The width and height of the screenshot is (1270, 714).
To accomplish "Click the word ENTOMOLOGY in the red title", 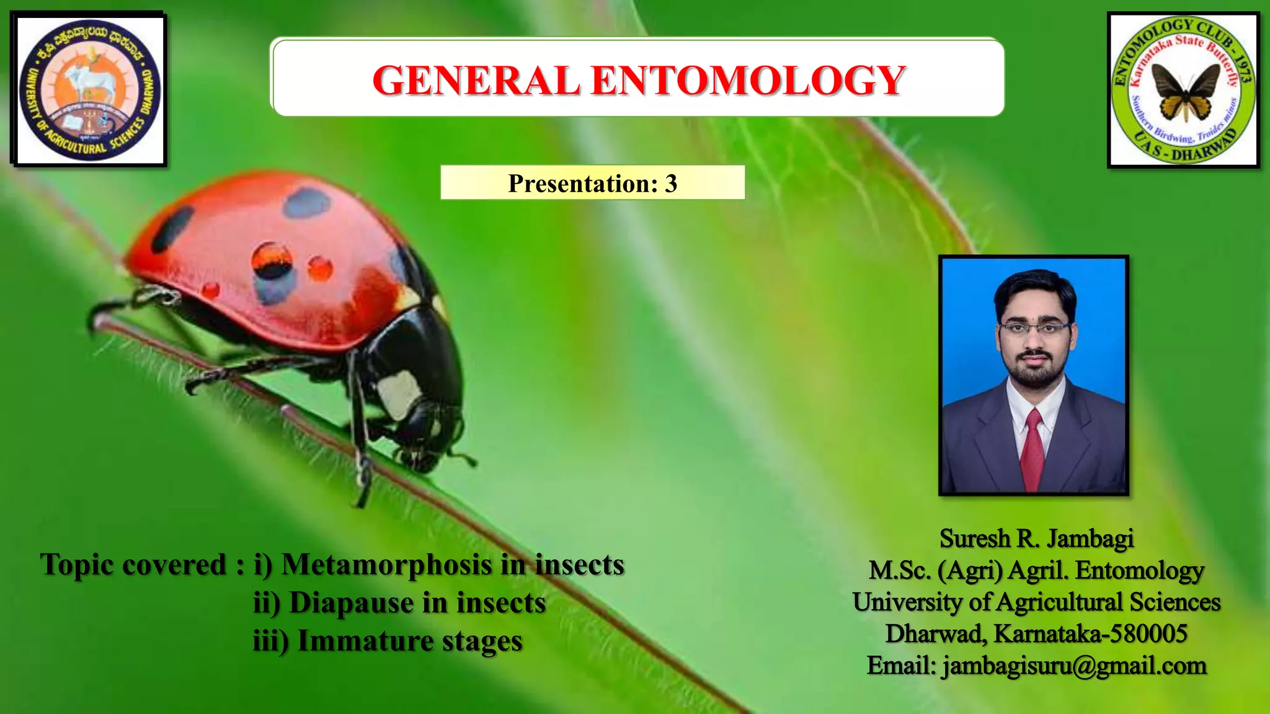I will point(748,81).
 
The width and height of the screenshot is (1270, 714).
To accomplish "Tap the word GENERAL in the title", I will point(476,81).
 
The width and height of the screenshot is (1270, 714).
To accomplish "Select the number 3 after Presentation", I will point(671,183).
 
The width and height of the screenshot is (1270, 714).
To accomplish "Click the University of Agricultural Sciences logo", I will point(89,90).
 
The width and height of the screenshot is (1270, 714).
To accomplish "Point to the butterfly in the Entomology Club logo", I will point(1185,92).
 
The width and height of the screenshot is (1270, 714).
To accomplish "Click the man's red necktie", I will point(1032,449).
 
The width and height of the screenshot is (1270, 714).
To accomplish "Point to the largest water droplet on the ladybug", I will point(272,260).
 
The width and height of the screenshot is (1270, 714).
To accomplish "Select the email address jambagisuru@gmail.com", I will point(1074,666).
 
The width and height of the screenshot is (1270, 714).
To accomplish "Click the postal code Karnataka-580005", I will point(1090,634).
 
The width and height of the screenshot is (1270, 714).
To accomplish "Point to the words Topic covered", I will point(133,565).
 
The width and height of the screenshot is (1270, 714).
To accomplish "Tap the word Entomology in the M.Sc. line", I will point(1139,570).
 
